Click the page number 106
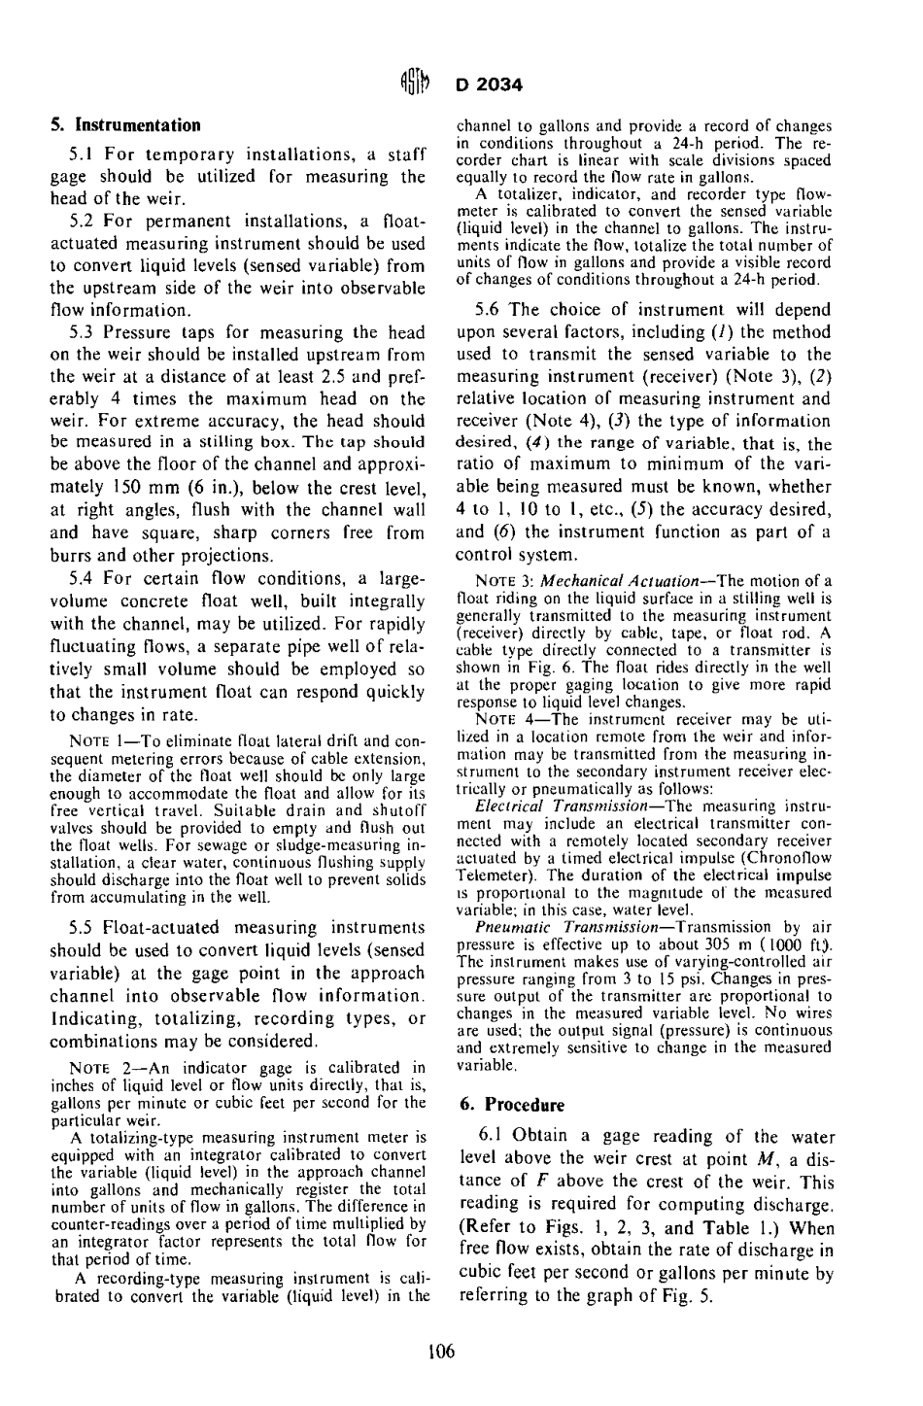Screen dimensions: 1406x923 [x=442, y=1353]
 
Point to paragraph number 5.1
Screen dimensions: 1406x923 [x=80, y=154]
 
